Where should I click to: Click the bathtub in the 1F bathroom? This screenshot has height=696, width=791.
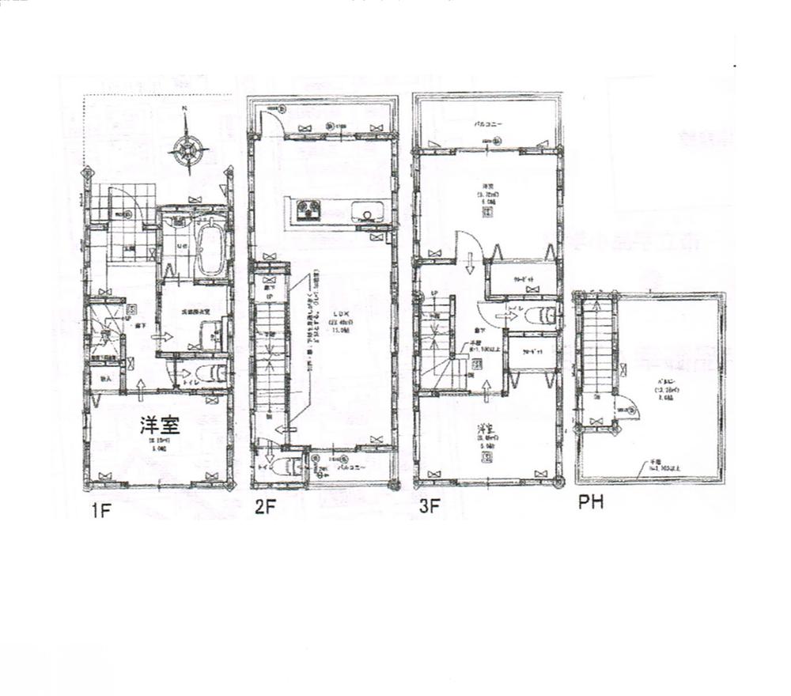coord(210,249)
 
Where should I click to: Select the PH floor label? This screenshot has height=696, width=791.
coord(591,501)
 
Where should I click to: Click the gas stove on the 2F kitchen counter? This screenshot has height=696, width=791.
coord(307,211)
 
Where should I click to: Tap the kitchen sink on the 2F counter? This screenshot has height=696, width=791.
coord(367,212)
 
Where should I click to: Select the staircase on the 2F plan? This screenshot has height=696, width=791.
coord(270,356)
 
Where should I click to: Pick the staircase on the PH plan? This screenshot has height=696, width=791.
coord(597,348)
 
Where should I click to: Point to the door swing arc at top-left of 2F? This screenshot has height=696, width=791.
coord(271,123)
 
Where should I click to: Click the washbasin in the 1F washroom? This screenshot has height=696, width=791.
coord(214,336)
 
